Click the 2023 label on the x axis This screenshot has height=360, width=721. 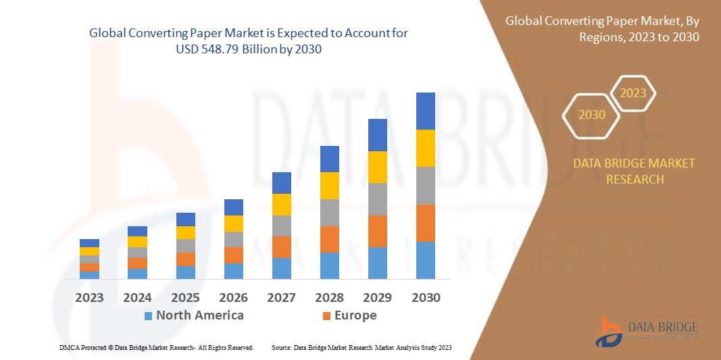[89, 297]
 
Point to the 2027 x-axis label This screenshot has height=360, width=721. [281, 297]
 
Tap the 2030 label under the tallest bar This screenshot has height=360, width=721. [425, 297]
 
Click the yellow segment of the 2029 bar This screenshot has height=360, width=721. [377, 167]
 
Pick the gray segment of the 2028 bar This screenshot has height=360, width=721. [329, 212]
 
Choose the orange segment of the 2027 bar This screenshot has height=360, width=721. [281, 247]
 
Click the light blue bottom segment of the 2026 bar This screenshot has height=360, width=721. [233, 271]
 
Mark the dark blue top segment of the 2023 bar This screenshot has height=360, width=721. [89, 243]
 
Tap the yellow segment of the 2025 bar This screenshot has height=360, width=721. [185, 232]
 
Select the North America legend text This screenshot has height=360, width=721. [199, 315]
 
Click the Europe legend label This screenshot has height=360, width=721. [355, 315]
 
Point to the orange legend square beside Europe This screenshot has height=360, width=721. [326, 316]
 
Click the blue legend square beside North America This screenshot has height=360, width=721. [148, 316]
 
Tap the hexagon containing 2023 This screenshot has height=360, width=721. [632, 93]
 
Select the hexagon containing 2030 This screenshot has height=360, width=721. [592, 115]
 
